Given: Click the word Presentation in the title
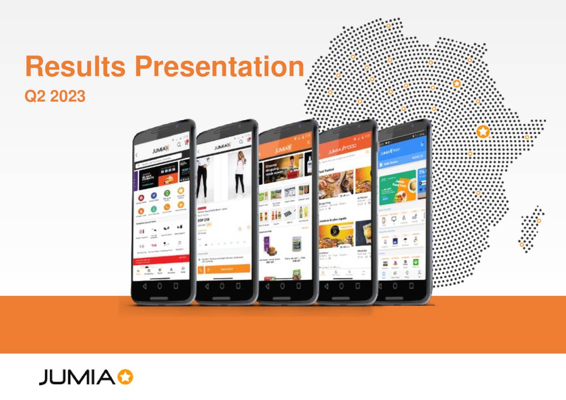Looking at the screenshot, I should (x=219, y=66).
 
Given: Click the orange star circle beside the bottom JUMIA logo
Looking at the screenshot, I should (x=126, y=377).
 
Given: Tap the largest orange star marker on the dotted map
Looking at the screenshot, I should (x=483, y=131).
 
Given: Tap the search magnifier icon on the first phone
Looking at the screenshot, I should (x=179, y=145).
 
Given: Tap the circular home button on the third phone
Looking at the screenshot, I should (x=283, y=286).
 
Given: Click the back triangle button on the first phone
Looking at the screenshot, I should (x=144, y=286).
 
